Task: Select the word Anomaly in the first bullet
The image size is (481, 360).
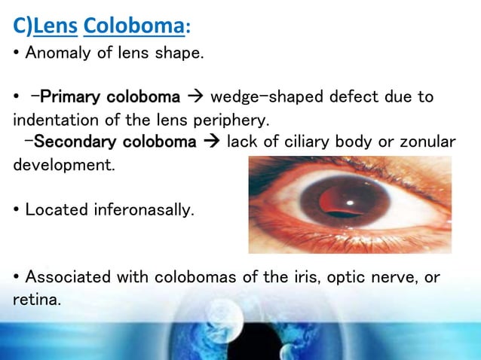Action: pyautogui.click(x=53, y=54)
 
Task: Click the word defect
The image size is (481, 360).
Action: pyautogui.click(x=336, y=98)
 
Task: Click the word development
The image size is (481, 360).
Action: pyautogui.click(x=63, y=165)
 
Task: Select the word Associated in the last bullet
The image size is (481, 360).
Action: pyautogui.click(x=64, y=278)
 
